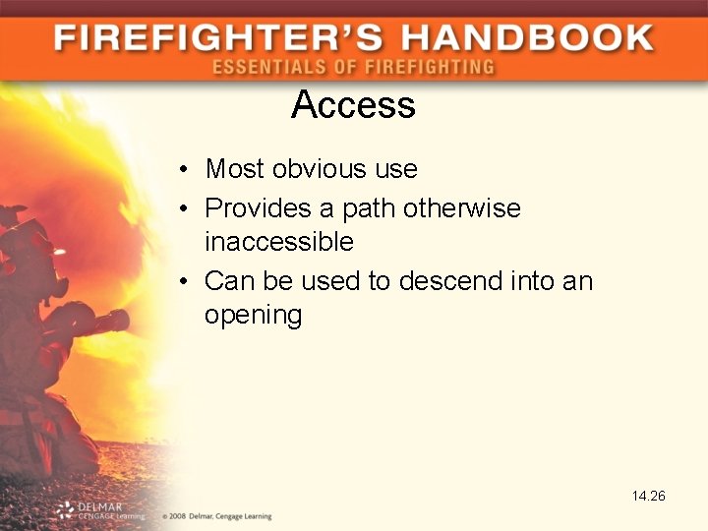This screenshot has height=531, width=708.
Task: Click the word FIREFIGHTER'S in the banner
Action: point(214,38)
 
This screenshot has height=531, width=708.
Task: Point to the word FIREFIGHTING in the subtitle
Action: point(432,67)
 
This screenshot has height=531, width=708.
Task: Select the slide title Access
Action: point(353,105)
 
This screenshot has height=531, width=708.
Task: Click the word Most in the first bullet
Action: point(235,169)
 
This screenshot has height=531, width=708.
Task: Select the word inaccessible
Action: point(278,241)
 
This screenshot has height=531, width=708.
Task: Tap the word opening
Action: point(253,315)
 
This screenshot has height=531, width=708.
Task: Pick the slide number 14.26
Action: point(648,496)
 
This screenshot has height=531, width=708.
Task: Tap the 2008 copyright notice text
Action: point(215,515)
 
